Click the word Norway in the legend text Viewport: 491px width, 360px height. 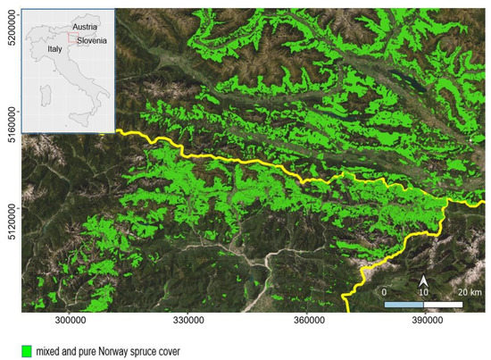point(111,351)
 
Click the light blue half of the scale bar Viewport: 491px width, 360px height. point(404,305)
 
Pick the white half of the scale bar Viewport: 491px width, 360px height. point(443,305)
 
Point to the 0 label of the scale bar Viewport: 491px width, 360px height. point(385,292)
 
